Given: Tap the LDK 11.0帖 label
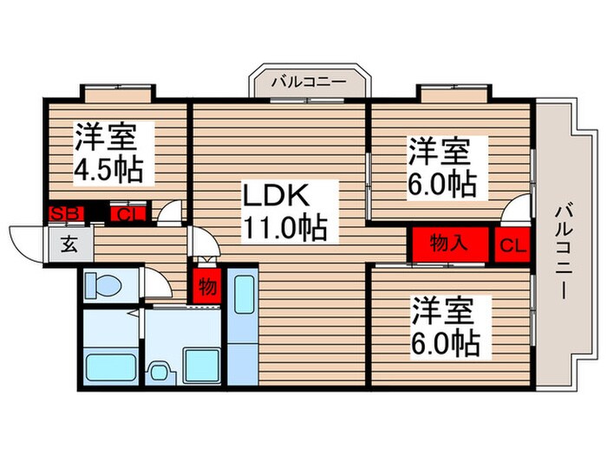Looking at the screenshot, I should click(284, 211).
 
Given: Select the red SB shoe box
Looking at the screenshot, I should click(62, 213).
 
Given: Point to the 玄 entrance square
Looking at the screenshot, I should click(68, 243).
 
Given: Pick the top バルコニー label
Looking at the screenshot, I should click(308, 83).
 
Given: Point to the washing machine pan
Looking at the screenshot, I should click(202, 364).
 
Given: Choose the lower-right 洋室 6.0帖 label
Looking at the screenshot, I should click(445, 327).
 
